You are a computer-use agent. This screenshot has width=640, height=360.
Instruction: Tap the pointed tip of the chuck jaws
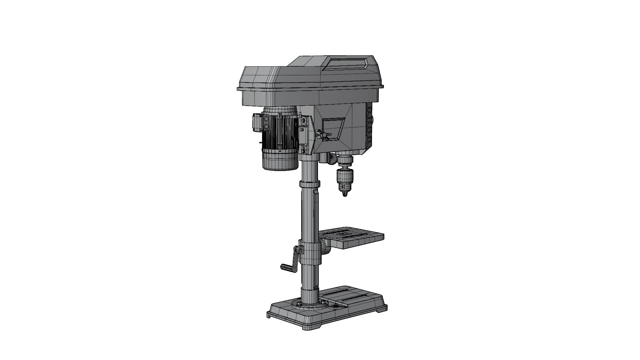point(344,195)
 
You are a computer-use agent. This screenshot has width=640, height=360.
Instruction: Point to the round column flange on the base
point(308,304)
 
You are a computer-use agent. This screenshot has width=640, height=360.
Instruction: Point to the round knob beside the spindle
point(331,159)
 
